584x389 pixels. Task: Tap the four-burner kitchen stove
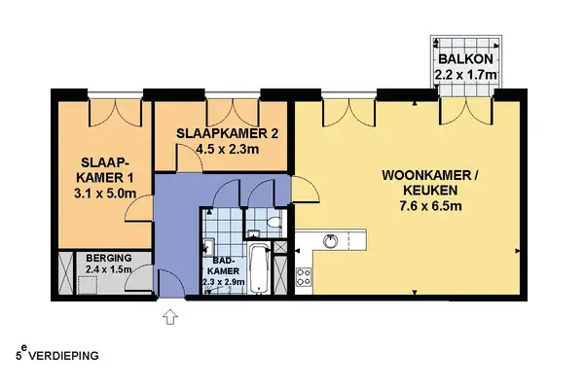[x=304, y=276]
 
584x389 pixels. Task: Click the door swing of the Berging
[x=142, y=279]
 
